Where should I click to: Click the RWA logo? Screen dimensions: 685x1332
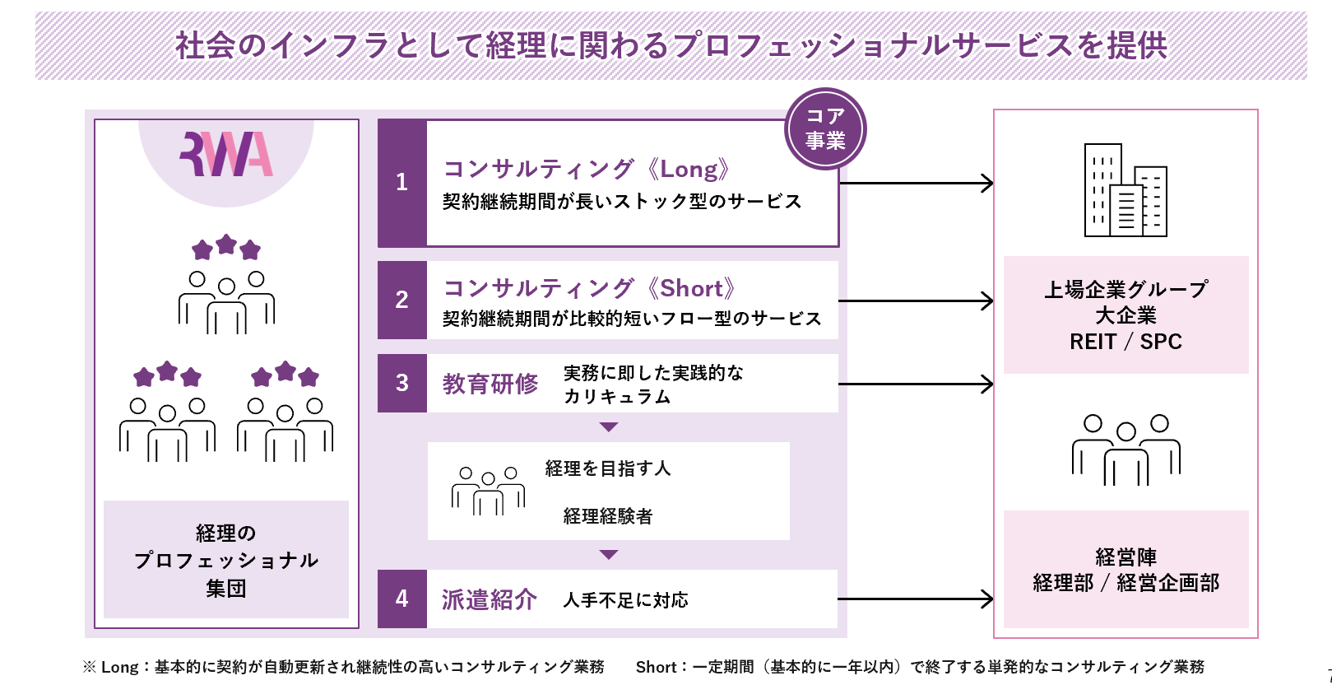226,154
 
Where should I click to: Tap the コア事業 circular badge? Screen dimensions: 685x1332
825,128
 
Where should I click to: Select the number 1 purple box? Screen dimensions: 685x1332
402,183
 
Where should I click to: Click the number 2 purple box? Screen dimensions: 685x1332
402,300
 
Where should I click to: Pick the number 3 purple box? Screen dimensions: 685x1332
402,383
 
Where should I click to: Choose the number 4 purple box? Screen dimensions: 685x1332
402,599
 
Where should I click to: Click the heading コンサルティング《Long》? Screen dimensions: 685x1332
587,170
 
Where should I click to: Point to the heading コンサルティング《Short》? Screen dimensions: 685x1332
589,288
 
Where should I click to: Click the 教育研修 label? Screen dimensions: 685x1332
490,384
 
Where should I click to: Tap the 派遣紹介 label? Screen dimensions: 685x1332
490,599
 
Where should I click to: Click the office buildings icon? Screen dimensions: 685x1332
1125,190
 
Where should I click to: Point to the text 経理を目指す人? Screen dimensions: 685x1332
608,468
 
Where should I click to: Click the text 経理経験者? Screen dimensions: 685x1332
608,516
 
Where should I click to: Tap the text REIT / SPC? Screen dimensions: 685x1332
1125,342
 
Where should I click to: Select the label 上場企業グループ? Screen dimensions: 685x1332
1125,290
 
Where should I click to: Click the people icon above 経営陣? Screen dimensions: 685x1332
1125,450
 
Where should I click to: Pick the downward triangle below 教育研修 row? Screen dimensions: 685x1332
609,427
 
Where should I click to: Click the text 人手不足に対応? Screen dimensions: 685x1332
625,600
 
